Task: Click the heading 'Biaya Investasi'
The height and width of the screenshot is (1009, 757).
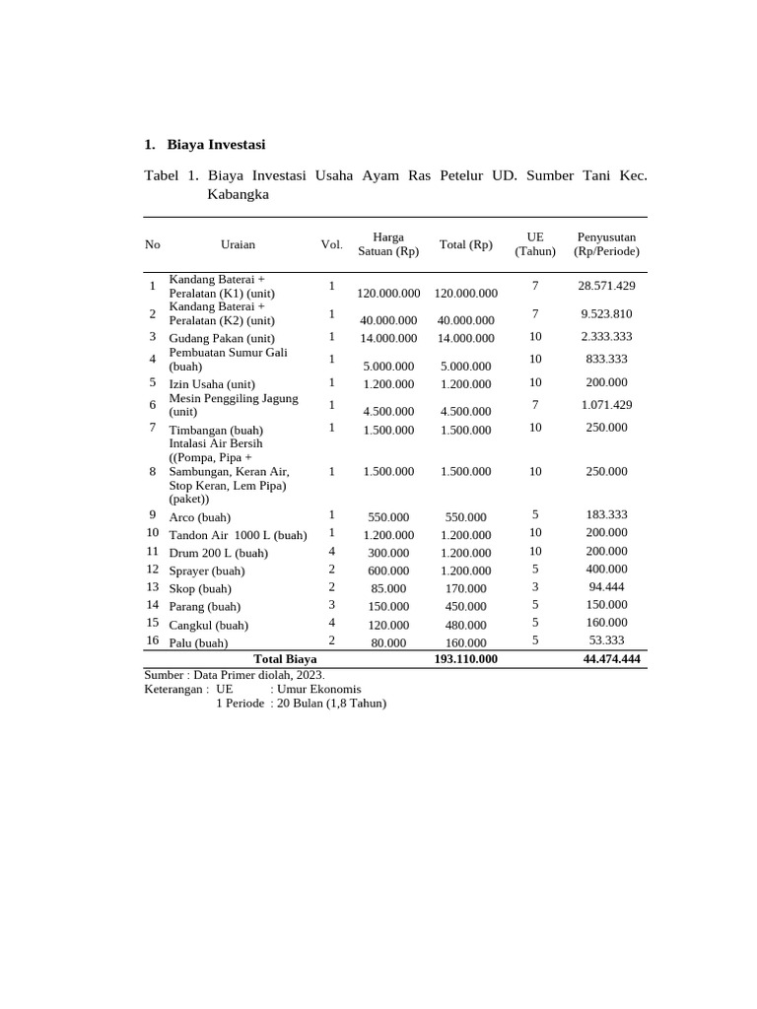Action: point(216,145)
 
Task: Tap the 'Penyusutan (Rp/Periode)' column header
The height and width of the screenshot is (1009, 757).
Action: point(606,244)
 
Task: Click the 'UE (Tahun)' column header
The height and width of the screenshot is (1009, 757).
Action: point(535,244)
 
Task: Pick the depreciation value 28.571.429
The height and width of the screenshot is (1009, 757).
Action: point(606,286)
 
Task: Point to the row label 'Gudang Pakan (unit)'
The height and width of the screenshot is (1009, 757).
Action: point(222,338)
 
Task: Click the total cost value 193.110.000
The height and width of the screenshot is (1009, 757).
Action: point(465,659)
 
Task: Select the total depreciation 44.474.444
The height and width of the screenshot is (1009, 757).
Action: point(611,659)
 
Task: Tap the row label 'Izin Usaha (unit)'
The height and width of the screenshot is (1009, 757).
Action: point(212,384)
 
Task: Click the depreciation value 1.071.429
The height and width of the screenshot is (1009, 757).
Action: point(606,405)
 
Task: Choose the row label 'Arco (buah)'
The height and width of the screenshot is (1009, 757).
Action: point(200,517)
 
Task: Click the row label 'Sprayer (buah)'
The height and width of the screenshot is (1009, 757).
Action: point(207,572)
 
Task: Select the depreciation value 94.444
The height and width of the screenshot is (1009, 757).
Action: point(606,587)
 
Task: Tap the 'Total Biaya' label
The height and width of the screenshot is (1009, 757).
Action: point(285,659)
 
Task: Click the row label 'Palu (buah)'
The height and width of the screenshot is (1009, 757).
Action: point(198,643)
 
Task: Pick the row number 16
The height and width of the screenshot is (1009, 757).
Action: point(153,640)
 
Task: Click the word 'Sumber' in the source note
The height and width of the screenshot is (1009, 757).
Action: point(164,675)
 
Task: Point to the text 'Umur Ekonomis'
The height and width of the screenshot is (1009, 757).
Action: point(319,690)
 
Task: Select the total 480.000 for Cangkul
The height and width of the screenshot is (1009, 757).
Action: point(465,626)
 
